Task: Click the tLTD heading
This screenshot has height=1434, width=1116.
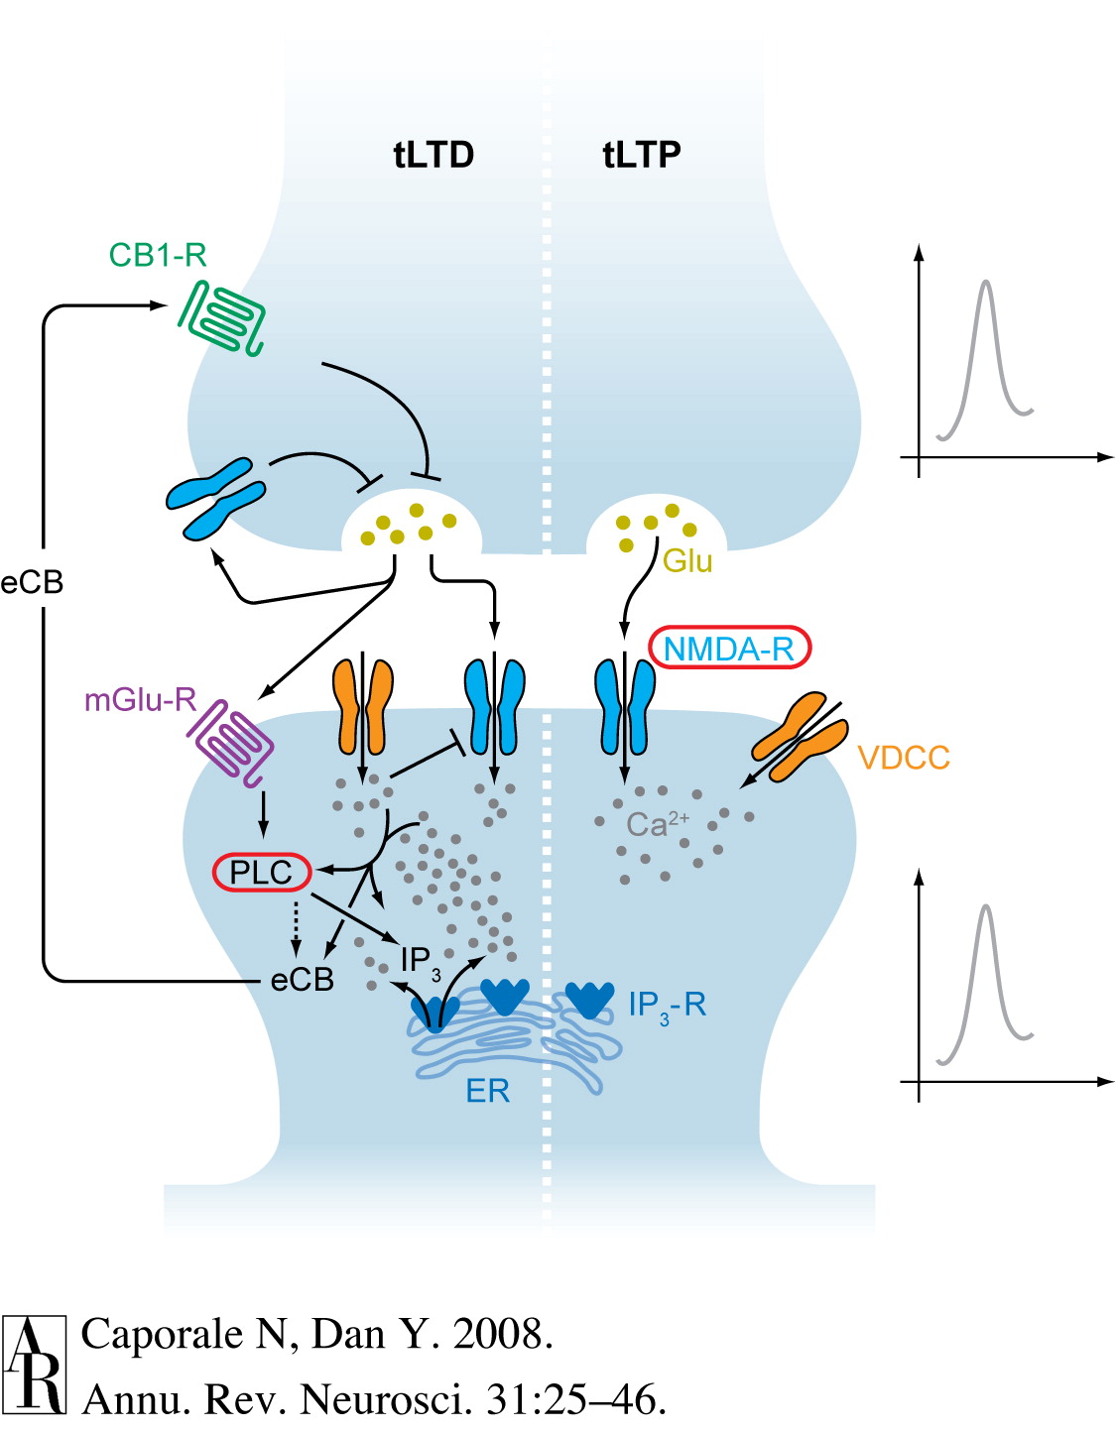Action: pos(434,156)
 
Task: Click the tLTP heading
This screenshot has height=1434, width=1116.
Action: pos(642,156)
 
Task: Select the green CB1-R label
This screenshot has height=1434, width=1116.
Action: pos(158,256)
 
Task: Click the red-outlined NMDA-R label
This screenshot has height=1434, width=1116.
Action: pos(729,649)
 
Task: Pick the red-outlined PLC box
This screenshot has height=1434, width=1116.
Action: pos(262,873)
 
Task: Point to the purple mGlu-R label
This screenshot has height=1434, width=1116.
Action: pos(140,700)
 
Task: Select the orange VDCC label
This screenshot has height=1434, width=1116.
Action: pos(903,759)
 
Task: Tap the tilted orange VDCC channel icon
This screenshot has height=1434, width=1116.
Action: pos(800,737)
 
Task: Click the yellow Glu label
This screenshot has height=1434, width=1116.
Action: pos(687,561)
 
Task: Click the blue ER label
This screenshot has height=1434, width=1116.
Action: pos(487,1092)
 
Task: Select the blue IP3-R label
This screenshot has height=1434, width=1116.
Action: pos(667,1006)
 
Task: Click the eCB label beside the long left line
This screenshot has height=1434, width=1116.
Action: pos(32,582)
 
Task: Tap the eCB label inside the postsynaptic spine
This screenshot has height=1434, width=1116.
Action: pos(302,980)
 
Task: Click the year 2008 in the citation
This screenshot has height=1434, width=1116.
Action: pos(501,1334)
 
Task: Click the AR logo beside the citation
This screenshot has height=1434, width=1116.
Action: pos(35,1364)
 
